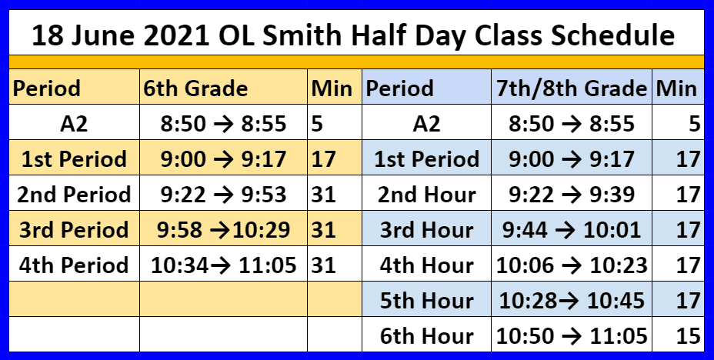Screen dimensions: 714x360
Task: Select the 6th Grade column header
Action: click(x=195, y=88)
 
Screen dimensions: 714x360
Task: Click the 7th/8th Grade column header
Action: click(x=572, y=88)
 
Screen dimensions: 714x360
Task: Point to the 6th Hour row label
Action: click(x=427, y=336)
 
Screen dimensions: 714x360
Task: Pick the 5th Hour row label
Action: click(x=427, y=301)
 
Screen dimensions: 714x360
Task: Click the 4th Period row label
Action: click(x=74, y=265)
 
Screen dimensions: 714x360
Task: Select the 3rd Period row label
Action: click(x=74, y=230)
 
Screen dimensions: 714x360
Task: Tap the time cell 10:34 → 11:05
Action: click(x=224, y=265)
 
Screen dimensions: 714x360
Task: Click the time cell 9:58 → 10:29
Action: click(x=224, y=230)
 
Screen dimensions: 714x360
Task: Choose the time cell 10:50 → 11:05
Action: click(x=572, y=336)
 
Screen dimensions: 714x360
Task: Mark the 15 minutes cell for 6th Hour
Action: click(x=689, y=336)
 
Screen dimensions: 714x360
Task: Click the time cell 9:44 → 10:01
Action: click(x=572, y=230)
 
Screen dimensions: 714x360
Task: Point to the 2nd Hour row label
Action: click(x=427, y=195)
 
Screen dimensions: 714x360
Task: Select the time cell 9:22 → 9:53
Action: click(x=224, y=195)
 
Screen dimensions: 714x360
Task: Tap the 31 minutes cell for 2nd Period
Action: click(x=324, y=195)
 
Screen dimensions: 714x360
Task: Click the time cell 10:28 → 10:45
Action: click(x=572, y=301)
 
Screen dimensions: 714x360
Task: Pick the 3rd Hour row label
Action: click(x=427, y=230)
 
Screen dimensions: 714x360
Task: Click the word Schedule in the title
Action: click(x=612, y=36)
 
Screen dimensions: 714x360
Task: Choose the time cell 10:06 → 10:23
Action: click(x=572, y=265)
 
